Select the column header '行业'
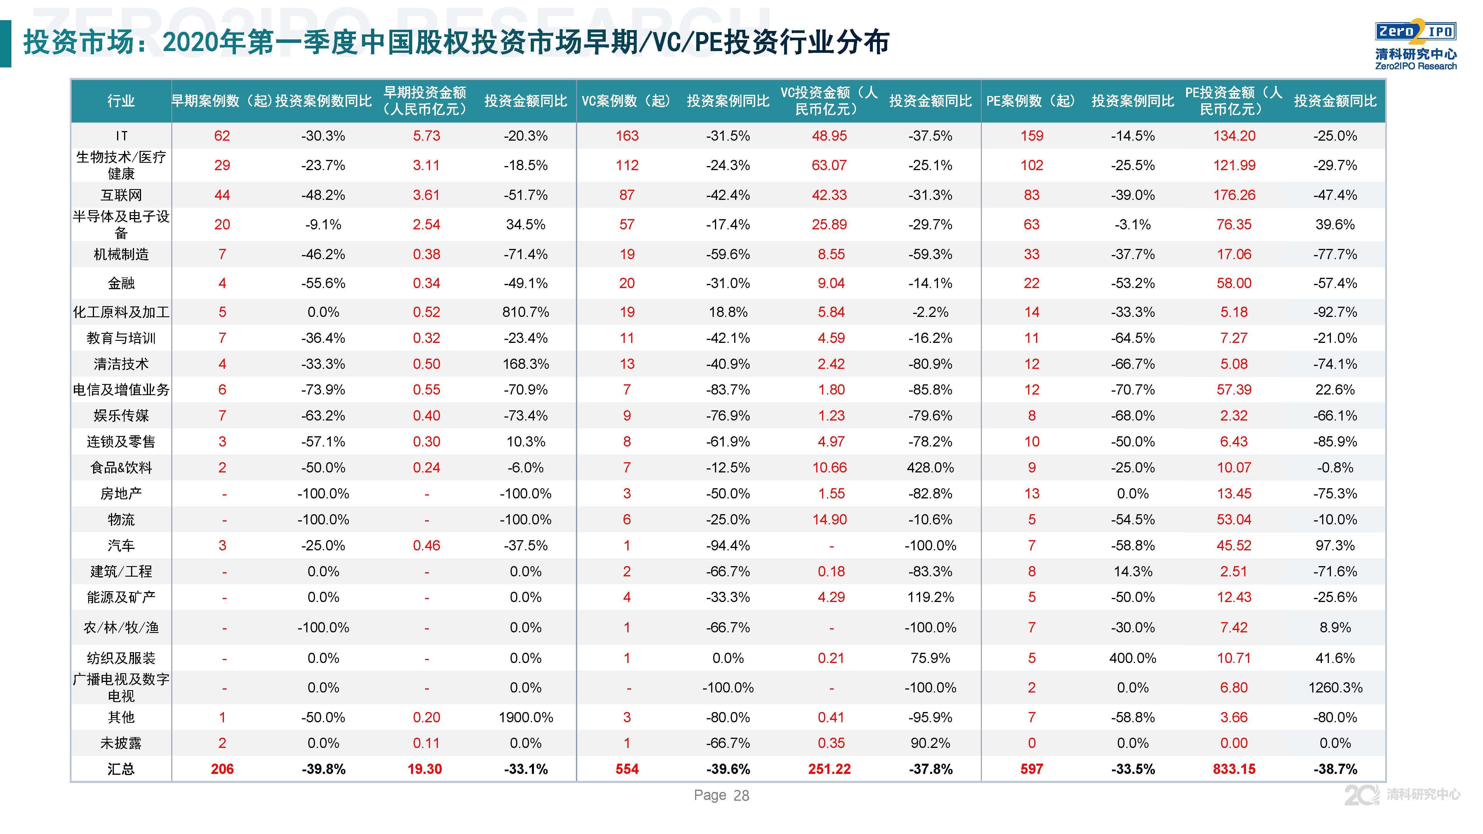point(121,101)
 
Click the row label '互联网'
point(121,195)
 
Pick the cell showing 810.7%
point(525,312)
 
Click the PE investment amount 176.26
point(1234,195)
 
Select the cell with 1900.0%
point(525,717)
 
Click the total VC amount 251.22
point(829,769)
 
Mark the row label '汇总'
point(121,769)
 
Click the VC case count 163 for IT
point(627,136)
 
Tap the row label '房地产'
point(121,493)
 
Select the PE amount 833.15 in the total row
point(1234,769)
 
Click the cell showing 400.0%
point(1132,658)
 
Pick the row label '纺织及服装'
point(121,658)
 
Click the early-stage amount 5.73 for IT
point(426,136)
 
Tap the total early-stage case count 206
point(222,769)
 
